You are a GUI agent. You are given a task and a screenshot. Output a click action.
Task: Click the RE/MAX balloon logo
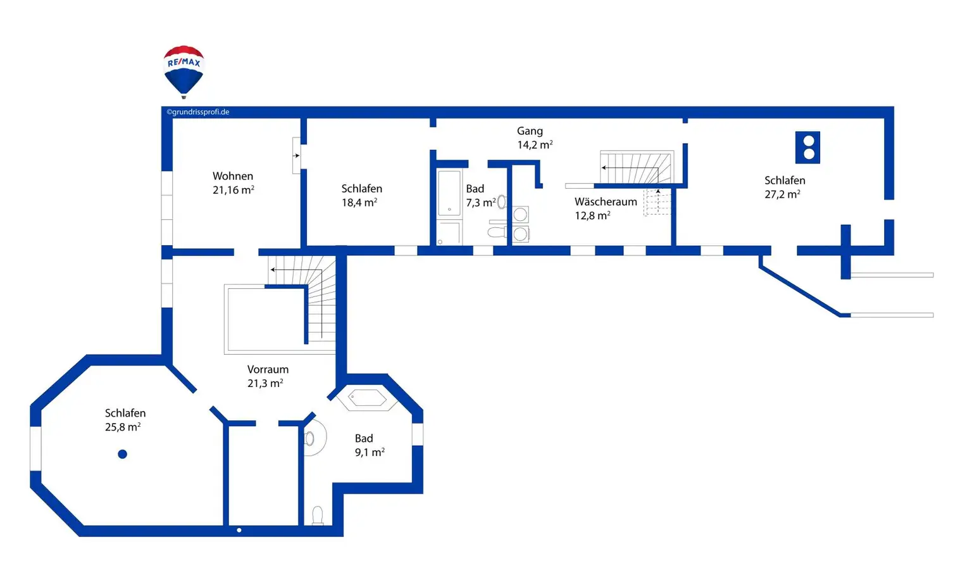pyautogui.click(x=184, y=70)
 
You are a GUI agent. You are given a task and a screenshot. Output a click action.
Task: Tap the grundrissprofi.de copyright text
pyautogui.click(x=198, y=112)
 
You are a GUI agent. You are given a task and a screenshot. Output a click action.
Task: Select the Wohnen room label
pyautogui.click(x=233, y=176)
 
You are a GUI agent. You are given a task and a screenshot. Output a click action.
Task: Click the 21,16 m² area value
pyautogui.click(x=234, y=190)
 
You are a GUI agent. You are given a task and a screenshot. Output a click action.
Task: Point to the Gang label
pyautogui.click(x=530, y=131)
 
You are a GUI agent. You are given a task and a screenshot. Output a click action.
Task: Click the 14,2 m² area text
pyautogui.click(x=535, y=145)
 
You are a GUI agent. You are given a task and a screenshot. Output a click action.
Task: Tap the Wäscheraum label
pyautogui.click(x=606, y=202)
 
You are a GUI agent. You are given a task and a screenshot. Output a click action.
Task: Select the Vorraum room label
pyautogui.click(x=268, y=369)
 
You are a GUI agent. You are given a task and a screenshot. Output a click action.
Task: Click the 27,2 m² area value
pyautogui.click(x=782, y=194)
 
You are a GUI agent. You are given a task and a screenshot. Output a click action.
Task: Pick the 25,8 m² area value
pyautogui.click(x=123, y=427)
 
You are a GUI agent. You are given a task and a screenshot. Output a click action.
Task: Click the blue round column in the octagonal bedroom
pyautogui.click(x=123, y=454)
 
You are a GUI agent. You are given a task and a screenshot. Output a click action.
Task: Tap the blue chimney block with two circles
pyautogui.click(x=808, y=148)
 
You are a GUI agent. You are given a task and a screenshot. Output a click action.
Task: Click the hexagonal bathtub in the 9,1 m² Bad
pyautogui.click(x=367, y=398)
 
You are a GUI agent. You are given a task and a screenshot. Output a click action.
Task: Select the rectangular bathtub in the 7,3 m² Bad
pyautogui.click(x=449, y=193)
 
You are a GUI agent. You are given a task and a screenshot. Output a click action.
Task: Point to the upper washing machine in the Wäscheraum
pyautogui.click(x=521, y=215)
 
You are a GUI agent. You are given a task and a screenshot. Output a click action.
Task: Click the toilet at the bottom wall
pyautogui.click(x=318, y=515)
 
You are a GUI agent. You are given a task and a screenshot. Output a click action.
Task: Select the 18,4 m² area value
pyautogui.click(x=359, y=203)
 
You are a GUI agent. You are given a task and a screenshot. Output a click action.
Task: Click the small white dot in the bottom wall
pyautogui.click(x=239, y=530)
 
